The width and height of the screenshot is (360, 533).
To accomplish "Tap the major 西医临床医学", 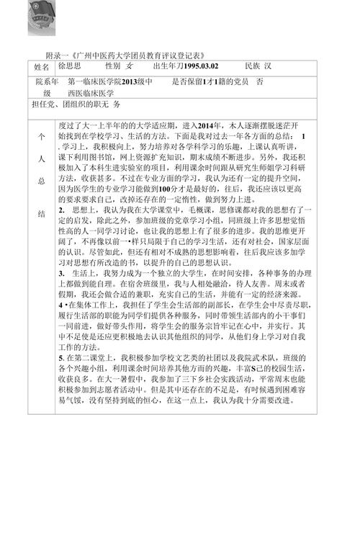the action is tap(91, 93).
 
